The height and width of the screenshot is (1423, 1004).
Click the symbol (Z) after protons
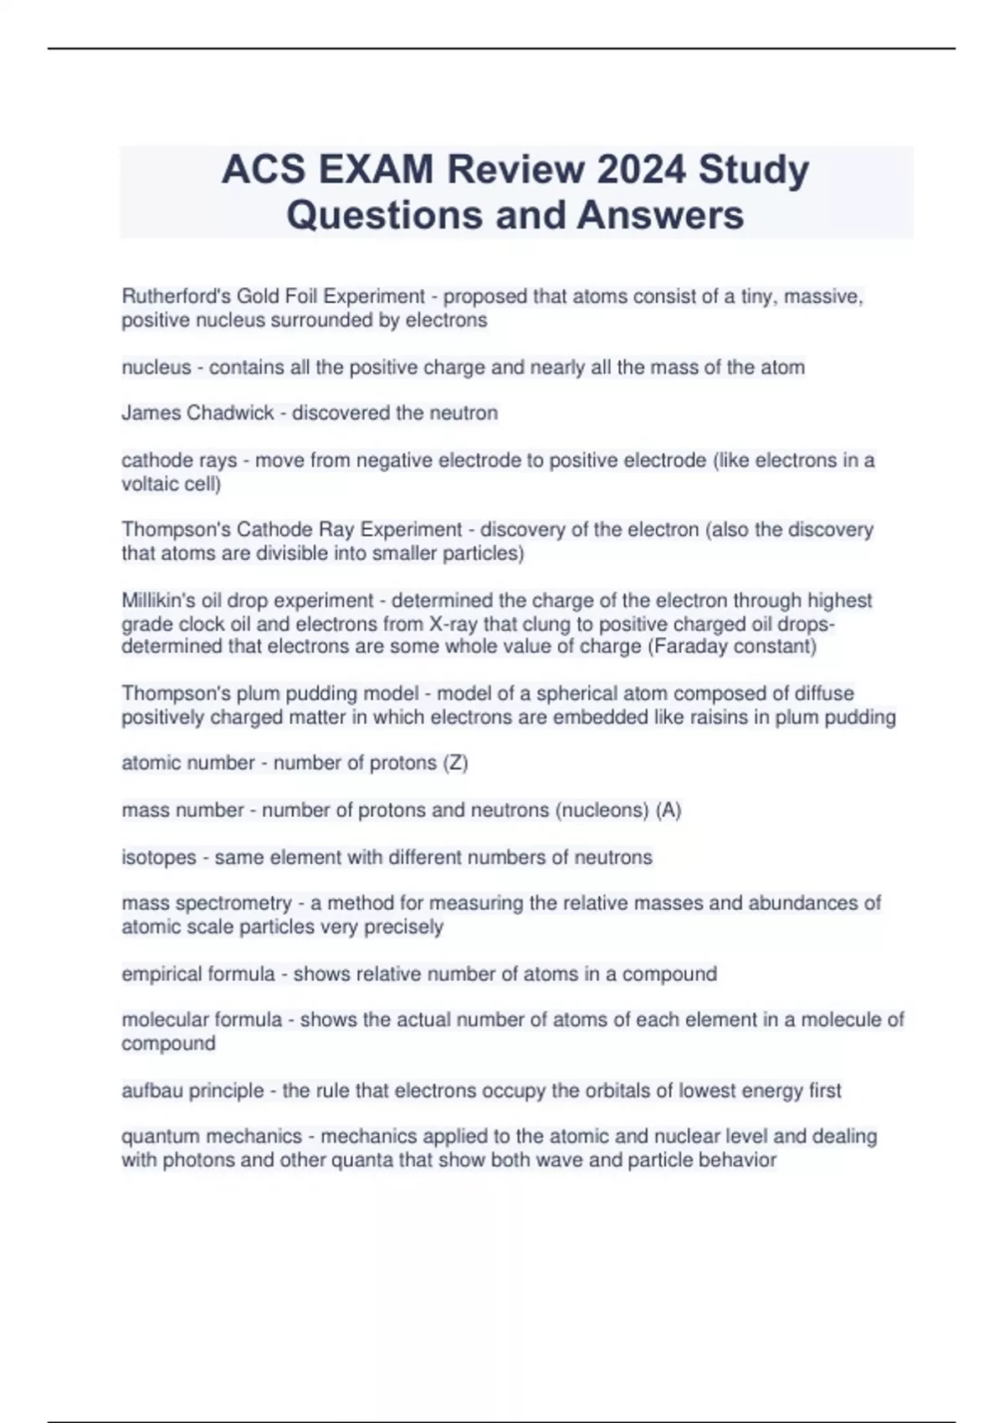coord(455,763)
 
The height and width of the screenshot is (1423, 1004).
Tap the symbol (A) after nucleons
coord(668,810)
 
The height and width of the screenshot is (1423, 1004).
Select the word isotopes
coord(159,857)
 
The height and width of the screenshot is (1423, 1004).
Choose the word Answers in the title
coord(660,215)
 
